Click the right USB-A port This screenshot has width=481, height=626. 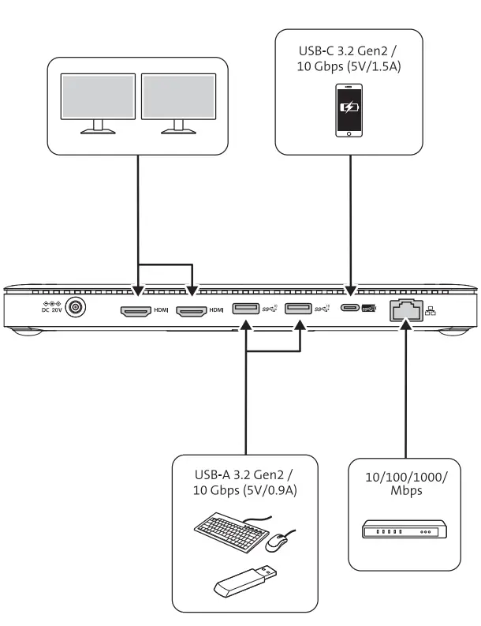[297, 310]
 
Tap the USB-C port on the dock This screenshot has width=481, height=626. [350, 310]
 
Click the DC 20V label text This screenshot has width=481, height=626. [51, 309]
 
